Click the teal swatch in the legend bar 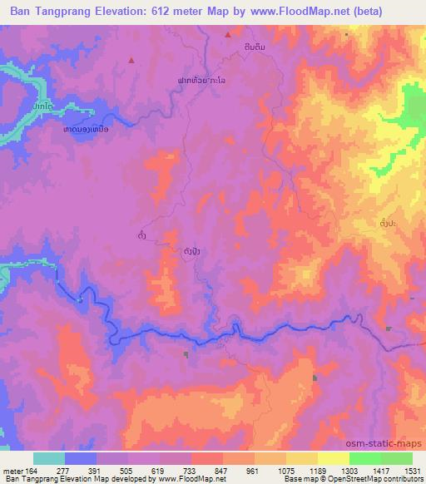point(49,458)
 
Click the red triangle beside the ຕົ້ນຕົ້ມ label point(228,34)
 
